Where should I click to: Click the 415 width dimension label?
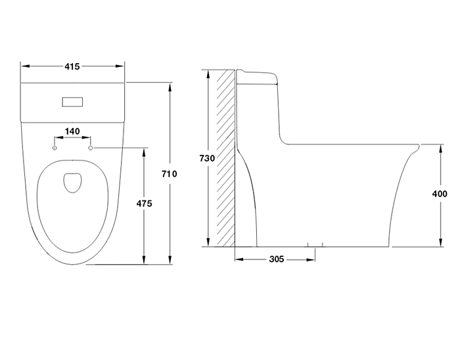(72, 66)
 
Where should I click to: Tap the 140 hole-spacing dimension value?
(72, 131)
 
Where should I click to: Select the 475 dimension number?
(145, 204)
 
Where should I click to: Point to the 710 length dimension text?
(170, 174)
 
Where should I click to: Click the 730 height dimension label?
(207, 158)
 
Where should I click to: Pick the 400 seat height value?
(440, 194)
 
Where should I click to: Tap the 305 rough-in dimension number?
(277, 259)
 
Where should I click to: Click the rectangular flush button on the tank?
(72, 102)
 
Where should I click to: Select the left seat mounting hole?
(55, 148)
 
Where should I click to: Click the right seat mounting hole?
(91, 148)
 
